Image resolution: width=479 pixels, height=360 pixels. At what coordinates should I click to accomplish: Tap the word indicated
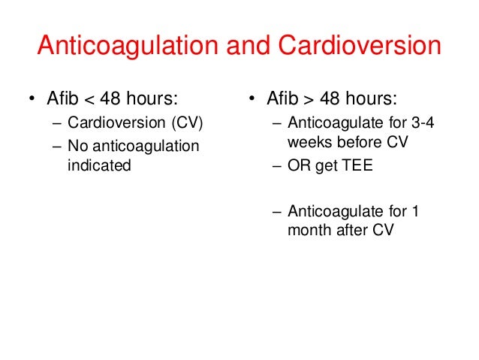pos(99,165)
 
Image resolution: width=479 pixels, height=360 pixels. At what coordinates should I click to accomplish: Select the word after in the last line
pos(352,231)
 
